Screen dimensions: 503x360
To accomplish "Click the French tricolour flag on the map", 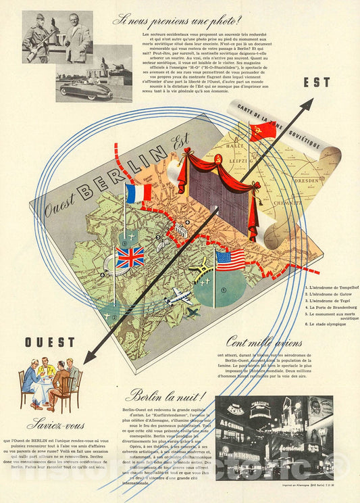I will click(x=138, y=193).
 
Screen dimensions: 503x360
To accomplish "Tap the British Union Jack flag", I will click(x=130, y=257).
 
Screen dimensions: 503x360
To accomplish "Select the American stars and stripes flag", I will click(x=230, y=260).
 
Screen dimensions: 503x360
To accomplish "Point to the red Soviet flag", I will click(x=262, y=131).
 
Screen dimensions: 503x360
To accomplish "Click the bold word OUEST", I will click(x=50, y=343).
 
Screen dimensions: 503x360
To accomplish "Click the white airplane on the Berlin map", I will click(x=177, y=297).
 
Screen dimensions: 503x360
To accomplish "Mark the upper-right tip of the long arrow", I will click(x=313, y=99).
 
